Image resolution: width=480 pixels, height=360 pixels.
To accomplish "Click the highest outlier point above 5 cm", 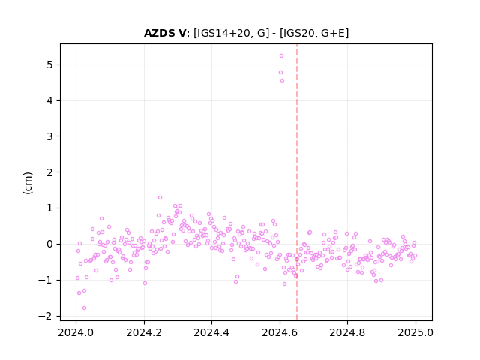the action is [282, 55].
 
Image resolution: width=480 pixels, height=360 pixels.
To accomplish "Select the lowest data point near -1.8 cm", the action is [85, 307].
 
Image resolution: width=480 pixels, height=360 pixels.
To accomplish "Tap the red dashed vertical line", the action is [297, 182].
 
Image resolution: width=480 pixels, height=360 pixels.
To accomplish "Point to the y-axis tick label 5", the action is [49, 65].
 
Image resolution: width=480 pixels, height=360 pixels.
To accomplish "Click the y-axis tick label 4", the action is [49, 100].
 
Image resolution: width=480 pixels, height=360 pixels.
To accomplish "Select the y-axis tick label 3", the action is [49, 136].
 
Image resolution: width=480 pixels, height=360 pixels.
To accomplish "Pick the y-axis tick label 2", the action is [49, 172].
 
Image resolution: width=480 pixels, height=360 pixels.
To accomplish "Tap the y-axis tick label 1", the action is [49, 208].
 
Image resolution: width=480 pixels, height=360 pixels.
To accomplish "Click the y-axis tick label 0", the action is [49, 244].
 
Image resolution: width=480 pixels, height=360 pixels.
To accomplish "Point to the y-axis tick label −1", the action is [46, 280].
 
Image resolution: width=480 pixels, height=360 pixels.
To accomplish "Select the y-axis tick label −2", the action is [46, 316].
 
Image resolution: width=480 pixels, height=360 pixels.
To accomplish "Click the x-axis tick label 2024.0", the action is [76, 332].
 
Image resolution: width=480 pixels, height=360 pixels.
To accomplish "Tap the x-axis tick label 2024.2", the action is [144, 332].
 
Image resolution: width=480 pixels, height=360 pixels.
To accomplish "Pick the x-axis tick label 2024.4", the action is [211, 332].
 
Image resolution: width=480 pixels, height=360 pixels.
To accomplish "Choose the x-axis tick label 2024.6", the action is [280, 332].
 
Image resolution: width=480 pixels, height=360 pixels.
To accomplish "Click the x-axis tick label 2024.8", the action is [347, 332].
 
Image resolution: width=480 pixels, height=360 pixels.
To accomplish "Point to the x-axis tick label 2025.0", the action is [415, 332].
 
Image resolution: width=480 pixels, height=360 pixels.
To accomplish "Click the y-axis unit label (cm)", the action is [28, 183].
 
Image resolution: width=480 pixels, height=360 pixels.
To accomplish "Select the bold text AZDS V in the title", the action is [165, 33].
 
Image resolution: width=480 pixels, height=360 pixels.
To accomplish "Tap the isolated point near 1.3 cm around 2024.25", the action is [160, 197].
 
